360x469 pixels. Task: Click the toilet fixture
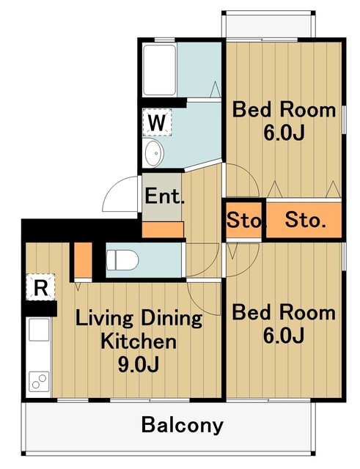pyautogui.click(x=122, y=259)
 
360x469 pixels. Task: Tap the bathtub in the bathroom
pyautogui.click(x=160, y=70)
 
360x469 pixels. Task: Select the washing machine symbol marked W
pyautogui.click(x=157, y=122)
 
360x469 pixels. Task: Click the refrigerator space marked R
pyautogui.click(x=41, y=287)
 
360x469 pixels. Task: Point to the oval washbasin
pyautogui.click(x=154, y=153)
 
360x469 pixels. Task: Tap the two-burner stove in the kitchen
pyautogui.click(x=39, y=381)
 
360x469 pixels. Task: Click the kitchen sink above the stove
pyautogui.click(x=39, y=330)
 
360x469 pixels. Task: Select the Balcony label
pyautogui.click(x=183, y=425)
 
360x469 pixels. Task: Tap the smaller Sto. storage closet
pyautogui.click(x=244, y=221)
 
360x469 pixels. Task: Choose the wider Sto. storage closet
pyautogui.click(x=304, y=221)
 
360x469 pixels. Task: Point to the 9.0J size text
pyautogui.click(x=139, y=364)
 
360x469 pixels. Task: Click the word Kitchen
pyautogui.click(x=139, y=341)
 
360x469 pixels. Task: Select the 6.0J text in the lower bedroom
pyautogui.click(x=284, y=336)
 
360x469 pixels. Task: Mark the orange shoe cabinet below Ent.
pyautogui.click(x=163, y=229)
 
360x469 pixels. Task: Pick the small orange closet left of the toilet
pyautogui.click(x=83, y=260)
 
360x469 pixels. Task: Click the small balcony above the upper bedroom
pyautogui.click(x=268, y=26)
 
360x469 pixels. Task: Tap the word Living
pyautogui.click(x=103, y=319)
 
